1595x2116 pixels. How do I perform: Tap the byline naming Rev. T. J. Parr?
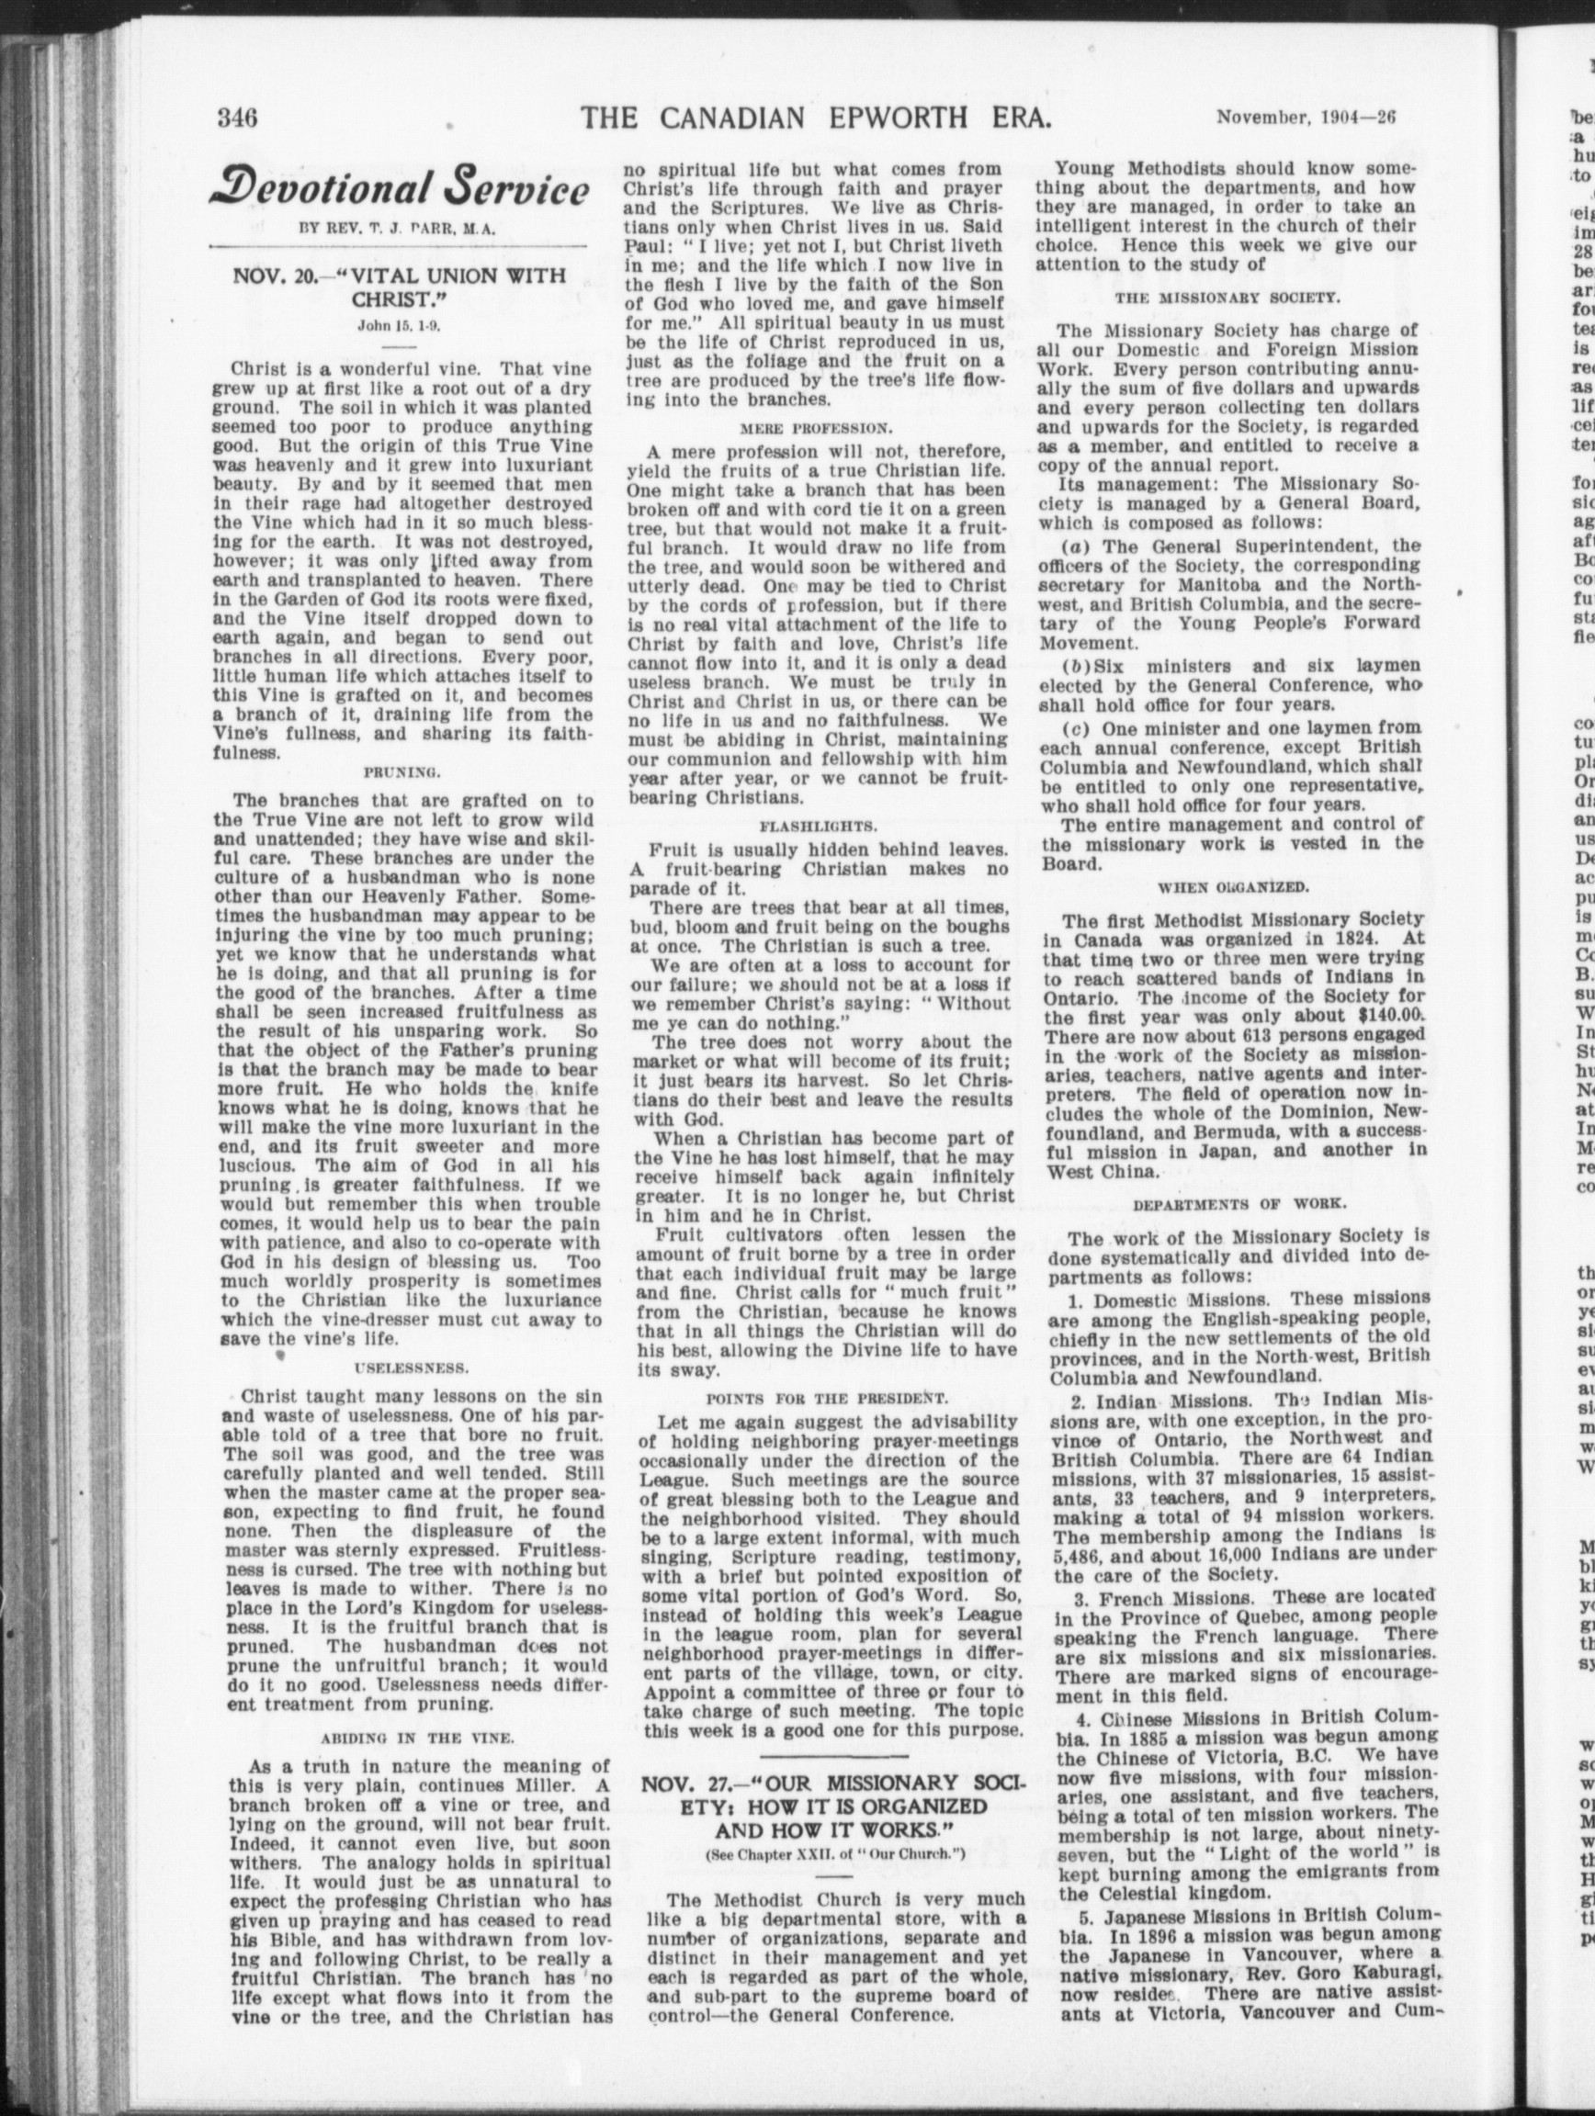400,230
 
